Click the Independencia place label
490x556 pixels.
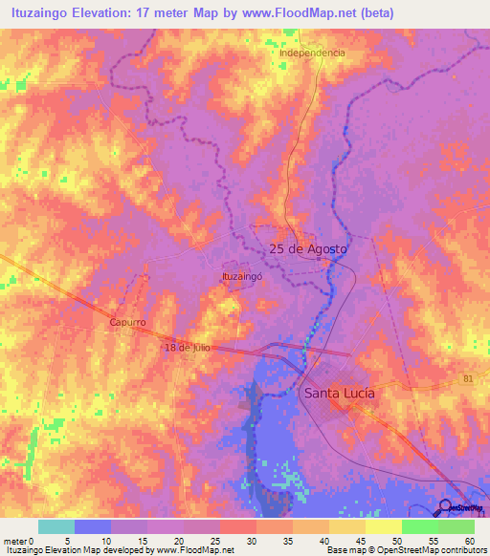tap(312, 53)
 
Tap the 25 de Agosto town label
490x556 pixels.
tap(308, 248)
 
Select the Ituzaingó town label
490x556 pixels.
tap(241, 276)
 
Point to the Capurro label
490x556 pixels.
tap(126, 323)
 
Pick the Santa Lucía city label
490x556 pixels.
tap(339, 393)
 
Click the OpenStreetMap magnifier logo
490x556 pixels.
tap(446, 508)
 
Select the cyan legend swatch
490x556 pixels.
tap(56, 526)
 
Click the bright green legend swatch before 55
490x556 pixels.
tap(419, 526)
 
